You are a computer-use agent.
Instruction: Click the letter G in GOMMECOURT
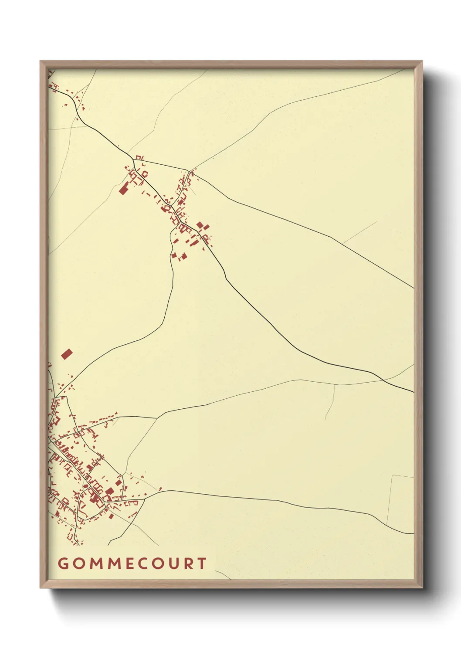click(63, 564)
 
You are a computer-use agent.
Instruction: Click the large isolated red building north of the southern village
click(66, 354)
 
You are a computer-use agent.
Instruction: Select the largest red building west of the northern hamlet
click(123, 189)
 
